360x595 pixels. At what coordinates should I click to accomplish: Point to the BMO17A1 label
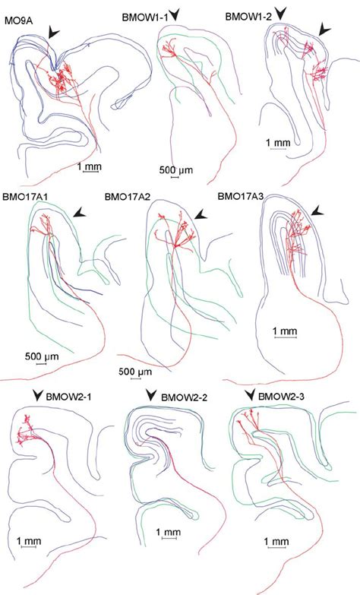click(25, 195)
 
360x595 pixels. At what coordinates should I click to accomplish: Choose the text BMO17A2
click(128, 195)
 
